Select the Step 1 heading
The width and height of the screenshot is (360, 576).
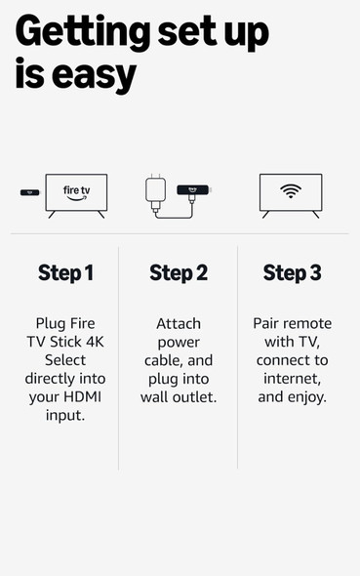tap(65, 273)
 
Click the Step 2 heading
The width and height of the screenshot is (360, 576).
tap(179, 273)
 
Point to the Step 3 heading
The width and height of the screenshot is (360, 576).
tap(292, 273)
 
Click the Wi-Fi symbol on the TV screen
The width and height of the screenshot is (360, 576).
tap(291, 191)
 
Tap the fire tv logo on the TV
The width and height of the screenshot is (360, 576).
tap(76, 192)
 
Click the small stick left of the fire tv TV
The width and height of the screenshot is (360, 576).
tap(29, 192)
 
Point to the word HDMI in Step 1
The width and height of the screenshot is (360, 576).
tap(85, 396)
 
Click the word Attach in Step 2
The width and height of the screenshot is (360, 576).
tap(179, 323)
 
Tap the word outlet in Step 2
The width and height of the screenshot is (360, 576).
tap(206, 396)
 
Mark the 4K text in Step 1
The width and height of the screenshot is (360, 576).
tap(96, 341)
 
